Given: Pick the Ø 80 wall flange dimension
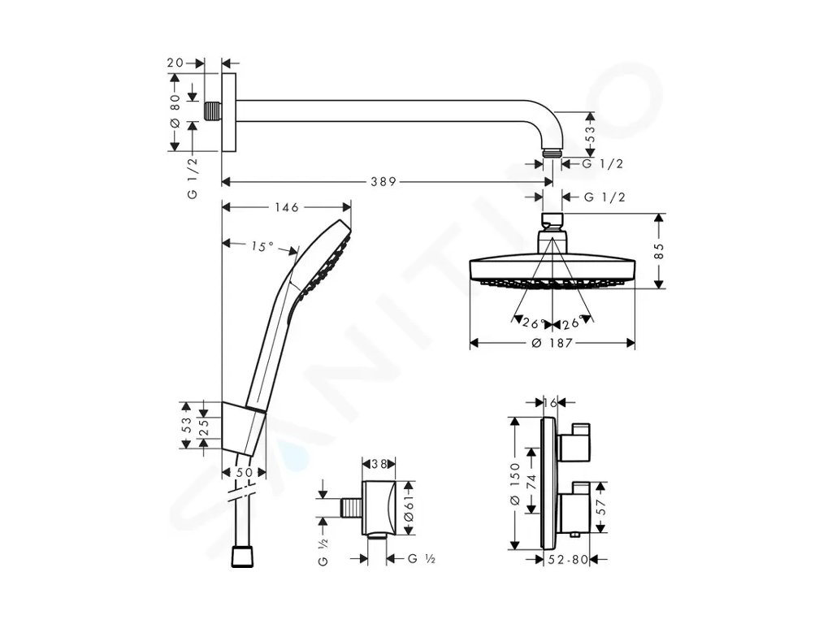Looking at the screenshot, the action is (174, 111).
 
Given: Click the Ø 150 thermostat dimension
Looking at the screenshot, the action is (514, 488).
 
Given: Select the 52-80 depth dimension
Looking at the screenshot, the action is (568, 559).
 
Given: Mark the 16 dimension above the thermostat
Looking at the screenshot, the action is (552, 402).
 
